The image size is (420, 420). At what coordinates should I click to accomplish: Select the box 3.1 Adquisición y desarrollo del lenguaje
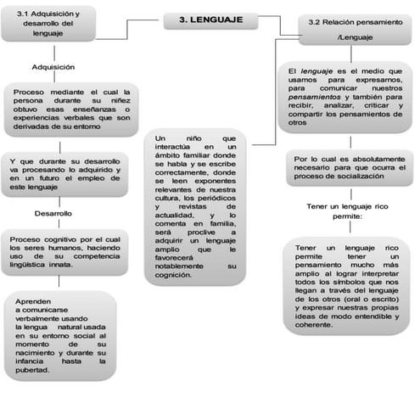coord(48,22)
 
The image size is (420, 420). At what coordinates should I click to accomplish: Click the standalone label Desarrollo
coord(52,213)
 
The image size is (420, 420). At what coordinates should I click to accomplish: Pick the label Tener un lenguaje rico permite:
coord(345,210)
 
